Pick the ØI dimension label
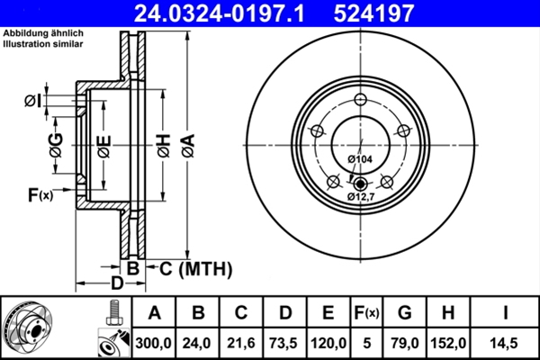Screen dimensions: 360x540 31,102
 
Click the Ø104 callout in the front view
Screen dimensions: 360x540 359,159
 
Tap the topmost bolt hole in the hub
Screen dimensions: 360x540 360,100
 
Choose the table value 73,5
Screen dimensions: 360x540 284,341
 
